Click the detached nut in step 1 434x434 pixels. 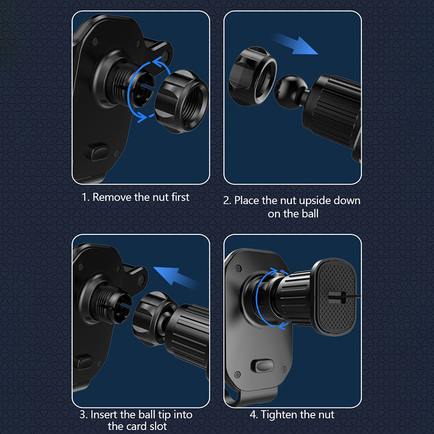[x=181, y=101]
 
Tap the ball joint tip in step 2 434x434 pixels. [x=288, y=88]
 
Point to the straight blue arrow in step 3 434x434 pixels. [x=176, y=276]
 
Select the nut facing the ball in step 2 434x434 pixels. [x=252, y=76]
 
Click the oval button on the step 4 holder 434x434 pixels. [x=262, y=366]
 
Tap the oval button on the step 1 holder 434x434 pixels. [x=97, y=152]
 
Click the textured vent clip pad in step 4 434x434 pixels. [x=335, y=297]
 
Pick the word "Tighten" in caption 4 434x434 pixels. [x=279, y=415]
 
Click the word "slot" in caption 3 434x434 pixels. [x=158, y=426]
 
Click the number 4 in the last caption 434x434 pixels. [x=253, y=415]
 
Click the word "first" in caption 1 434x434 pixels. [x=180, y=197]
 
